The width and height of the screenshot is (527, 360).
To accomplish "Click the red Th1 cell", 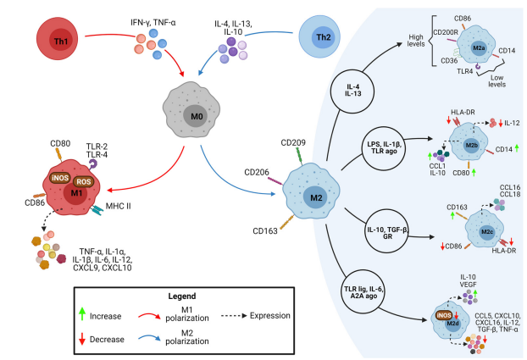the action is tap(57, 39).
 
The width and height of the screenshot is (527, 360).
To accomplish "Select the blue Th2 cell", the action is tap(319, 36).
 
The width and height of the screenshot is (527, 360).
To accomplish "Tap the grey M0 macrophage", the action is tap(191, 109).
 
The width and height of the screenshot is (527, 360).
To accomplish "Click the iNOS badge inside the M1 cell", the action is tap(60, 178).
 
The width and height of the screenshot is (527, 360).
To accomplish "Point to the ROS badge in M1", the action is tap(83, 182).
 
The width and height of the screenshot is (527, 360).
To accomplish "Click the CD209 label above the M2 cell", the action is tap(293, 143).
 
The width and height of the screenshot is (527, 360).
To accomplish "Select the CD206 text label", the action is tap(257, 173).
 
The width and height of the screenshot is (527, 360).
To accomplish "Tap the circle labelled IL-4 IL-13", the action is tap(352, 91).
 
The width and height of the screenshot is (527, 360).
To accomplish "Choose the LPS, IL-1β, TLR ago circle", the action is tap(384, 148).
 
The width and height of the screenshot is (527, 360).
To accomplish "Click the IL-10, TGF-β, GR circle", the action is tap(387, 232).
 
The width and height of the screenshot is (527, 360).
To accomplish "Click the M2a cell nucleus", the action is tap(479, 47).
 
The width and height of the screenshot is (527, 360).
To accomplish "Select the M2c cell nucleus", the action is tap(487, 232).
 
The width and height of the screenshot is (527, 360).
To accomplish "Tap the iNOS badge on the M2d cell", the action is tap(444, 315).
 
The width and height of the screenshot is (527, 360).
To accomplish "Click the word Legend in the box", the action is tap(182, 296).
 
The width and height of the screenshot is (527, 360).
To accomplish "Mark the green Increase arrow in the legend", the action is tap(81, 314).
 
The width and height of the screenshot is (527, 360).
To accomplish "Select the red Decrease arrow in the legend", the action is tap(81, 339).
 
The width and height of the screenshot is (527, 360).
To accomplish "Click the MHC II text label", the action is tap(118, 206).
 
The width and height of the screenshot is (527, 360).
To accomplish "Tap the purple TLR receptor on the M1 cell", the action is tap(92, 164).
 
